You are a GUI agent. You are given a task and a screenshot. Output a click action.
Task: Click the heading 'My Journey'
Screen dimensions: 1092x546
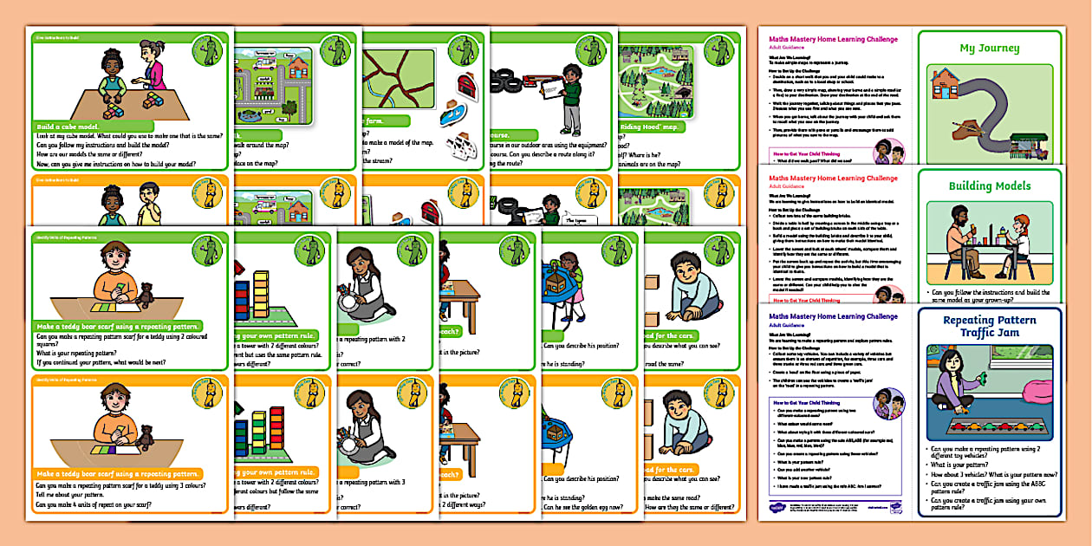989,49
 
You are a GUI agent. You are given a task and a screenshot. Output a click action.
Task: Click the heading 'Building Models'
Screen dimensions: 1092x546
989,185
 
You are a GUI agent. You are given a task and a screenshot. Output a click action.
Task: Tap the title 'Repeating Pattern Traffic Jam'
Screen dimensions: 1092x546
990,328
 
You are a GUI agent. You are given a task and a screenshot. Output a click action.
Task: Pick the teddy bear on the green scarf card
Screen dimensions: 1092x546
146,296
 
